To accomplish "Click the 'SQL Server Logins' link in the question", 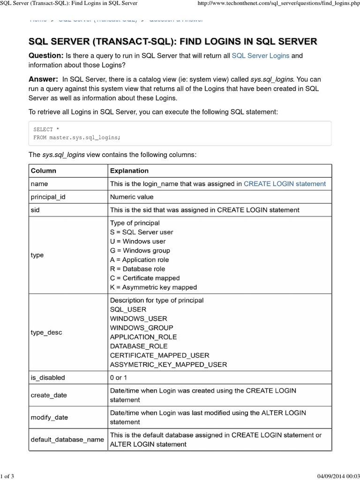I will click(261, 56).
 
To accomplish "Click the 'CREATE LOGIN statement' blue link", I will click(285, 184).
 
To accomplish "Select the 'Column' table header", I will click(43, 171).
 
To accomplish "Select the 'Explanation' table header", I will click(129, 171).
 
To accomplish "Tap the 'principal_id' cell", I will click(48, 197).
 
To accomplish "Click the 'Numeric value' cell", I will click(131, 197).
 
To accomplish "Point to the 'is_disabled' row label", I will click(48, 377).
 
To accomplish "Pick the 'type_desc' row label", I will click(46, 332).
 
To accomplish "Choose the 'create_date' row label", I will click(49, 395).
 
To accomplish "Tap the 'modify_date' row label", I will click(49, 417).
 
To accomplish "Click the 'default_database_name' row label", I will click(67, 440).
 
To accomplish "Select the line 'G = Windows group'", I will click(140, 250).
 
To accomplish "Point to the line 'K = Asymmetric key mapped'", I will click(153, 287).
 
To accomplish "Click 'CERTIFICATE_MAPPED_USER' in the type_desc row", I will click(159, 355).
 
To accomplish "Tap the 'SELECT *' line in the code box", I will click(46, 129).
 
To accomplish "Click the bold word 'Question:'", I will click(46, 56).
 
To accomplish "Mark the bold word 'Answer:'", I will click(43, 79).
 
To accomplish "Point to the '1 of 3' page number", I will click(7, 476).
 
